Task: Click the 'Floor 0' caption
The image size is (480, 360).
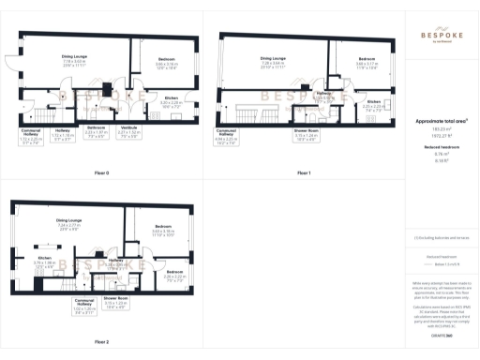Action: pos(102,173)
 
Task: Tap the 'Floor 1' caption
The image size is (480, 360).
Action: pos(303,173)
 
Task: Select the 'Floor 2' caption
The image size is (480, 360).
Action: pos(102,342)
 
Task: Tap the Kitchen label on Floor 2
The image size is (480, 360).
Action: pos(45,259)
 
